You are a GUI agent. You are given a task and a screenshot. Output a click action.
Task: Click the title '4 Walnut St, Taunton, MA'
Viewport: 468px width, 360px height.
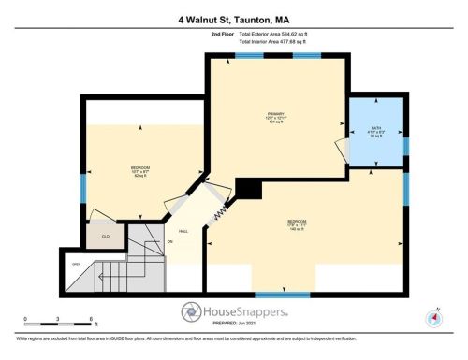(234, 19)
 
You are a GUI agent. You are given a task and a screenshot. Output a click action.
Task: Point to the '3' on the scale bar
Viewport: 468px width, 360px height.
(58, 319)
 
